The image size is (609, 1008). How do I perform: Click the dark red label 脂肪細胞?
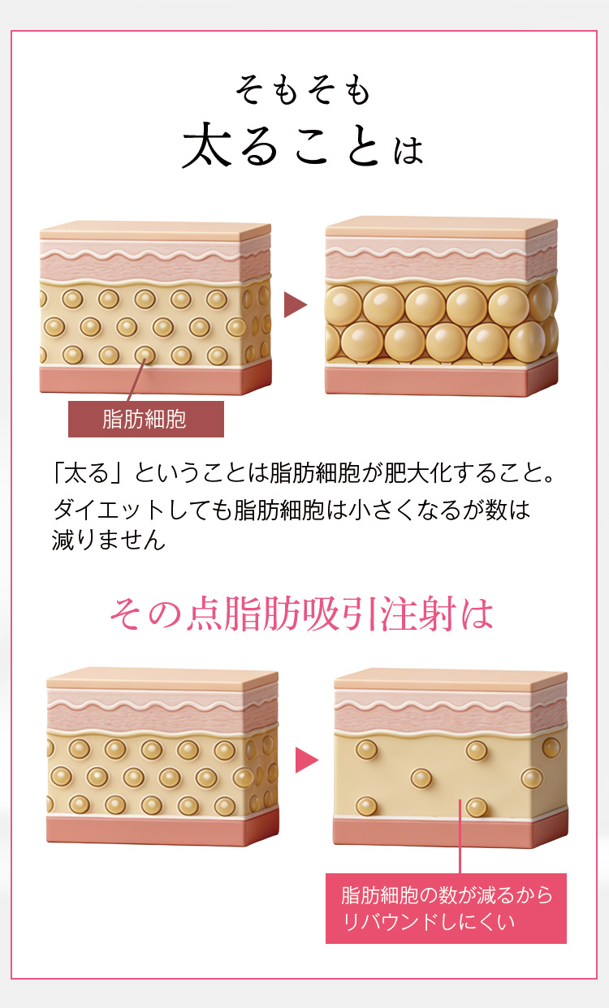[x=146, y=419]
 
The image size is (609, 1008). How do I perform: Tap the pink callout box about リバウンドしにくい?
[x=446, y=908]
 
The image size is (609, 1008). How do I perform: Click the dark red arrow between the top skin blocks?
[x=296, y=304]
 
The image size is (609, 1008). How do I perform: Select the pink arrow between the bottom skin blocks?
[x=307, y=760]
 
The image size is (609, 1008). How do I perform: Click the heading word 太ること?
[x=280, y=145]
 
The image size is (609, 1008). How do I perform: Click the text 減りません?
[x=109, y=540]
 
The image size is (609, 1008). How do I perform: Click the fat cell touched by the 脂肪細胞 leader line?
[x=145, y=355]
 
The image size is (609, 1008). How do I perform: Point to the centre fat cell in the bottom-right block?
[x=421, y=778]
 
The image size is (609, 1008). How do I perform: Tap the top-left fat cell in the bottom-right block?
[x=367, y=750]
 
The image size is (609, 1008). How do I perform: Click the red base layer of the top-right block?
[x=441, y=381]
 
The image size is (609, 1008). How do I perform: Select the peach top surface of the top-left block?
[x=155, y=230]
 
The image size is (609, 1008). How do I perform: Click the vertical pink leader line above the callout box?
[x=460, y=836]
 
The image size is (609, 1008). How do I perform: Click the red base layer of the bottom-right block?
[x=450, y=832]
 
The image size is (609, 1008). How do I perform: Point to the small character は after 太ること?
[x=408, y=149]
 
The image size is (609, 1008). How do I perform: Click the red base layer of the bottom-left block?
[x=162, y=829]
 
